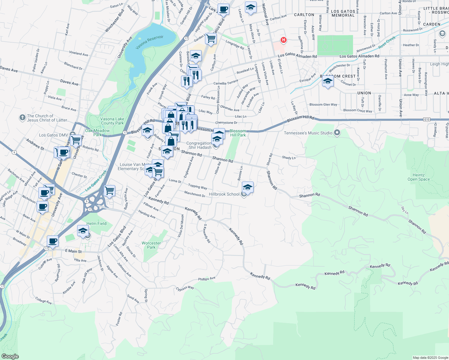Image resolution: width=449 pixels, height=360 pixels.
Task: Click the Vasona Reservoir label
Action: click(x=149, y=42)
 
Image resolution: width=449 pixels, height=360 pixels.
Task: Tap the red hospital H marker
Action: click(x=283, y=40)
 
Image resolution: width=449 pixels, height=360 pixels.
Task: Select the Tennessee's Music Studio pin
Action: click(x=337, y=133)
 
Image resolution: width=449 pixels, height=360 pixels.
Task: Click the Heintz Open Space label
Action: click(x=418, y=177)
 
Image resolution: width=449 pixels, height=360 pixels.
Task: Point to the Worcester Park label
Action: click(x=151, y=245)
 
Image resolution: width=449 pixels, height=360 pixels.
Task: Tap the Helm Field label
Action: click(x=96, y=223)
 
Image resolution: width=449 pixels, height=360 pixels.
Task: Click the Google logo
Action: click(x=10, y=356)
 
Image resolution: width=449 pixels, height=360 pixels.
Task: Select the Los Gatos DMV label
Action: click(x=53, y=135)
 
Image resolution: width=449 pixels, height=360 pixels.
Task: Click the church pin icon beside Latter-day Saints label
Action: click(x=22, y=117)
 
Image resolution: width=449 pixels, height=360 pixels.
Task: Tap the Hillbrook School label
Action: click(x=224, y=194)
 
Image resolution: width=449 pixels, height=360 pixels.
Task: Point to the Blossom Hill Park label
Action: click(x=238, y=133)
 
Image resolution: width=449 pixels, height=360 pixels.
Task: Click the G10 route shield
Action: click(x=426, y=119)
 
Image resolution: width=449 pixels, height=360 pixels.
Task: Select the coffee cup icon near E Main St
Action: click(x=53, y=241)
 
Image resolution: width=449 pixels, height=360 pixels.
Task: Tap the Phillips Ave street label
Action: click(x=206, y=279)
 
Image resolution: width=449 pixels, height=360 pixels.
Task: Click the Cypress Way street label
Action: click(x=185, y=288)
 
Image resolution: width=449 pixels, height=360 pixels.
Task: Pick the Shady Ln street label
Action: click(x=289, y=157)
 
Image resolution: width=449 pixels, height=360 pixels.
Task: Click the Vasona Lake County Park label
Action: click(x=112, y=121)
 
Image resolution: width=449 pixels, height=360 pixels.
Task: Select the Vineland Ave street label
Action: click(x=79, y=53)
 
